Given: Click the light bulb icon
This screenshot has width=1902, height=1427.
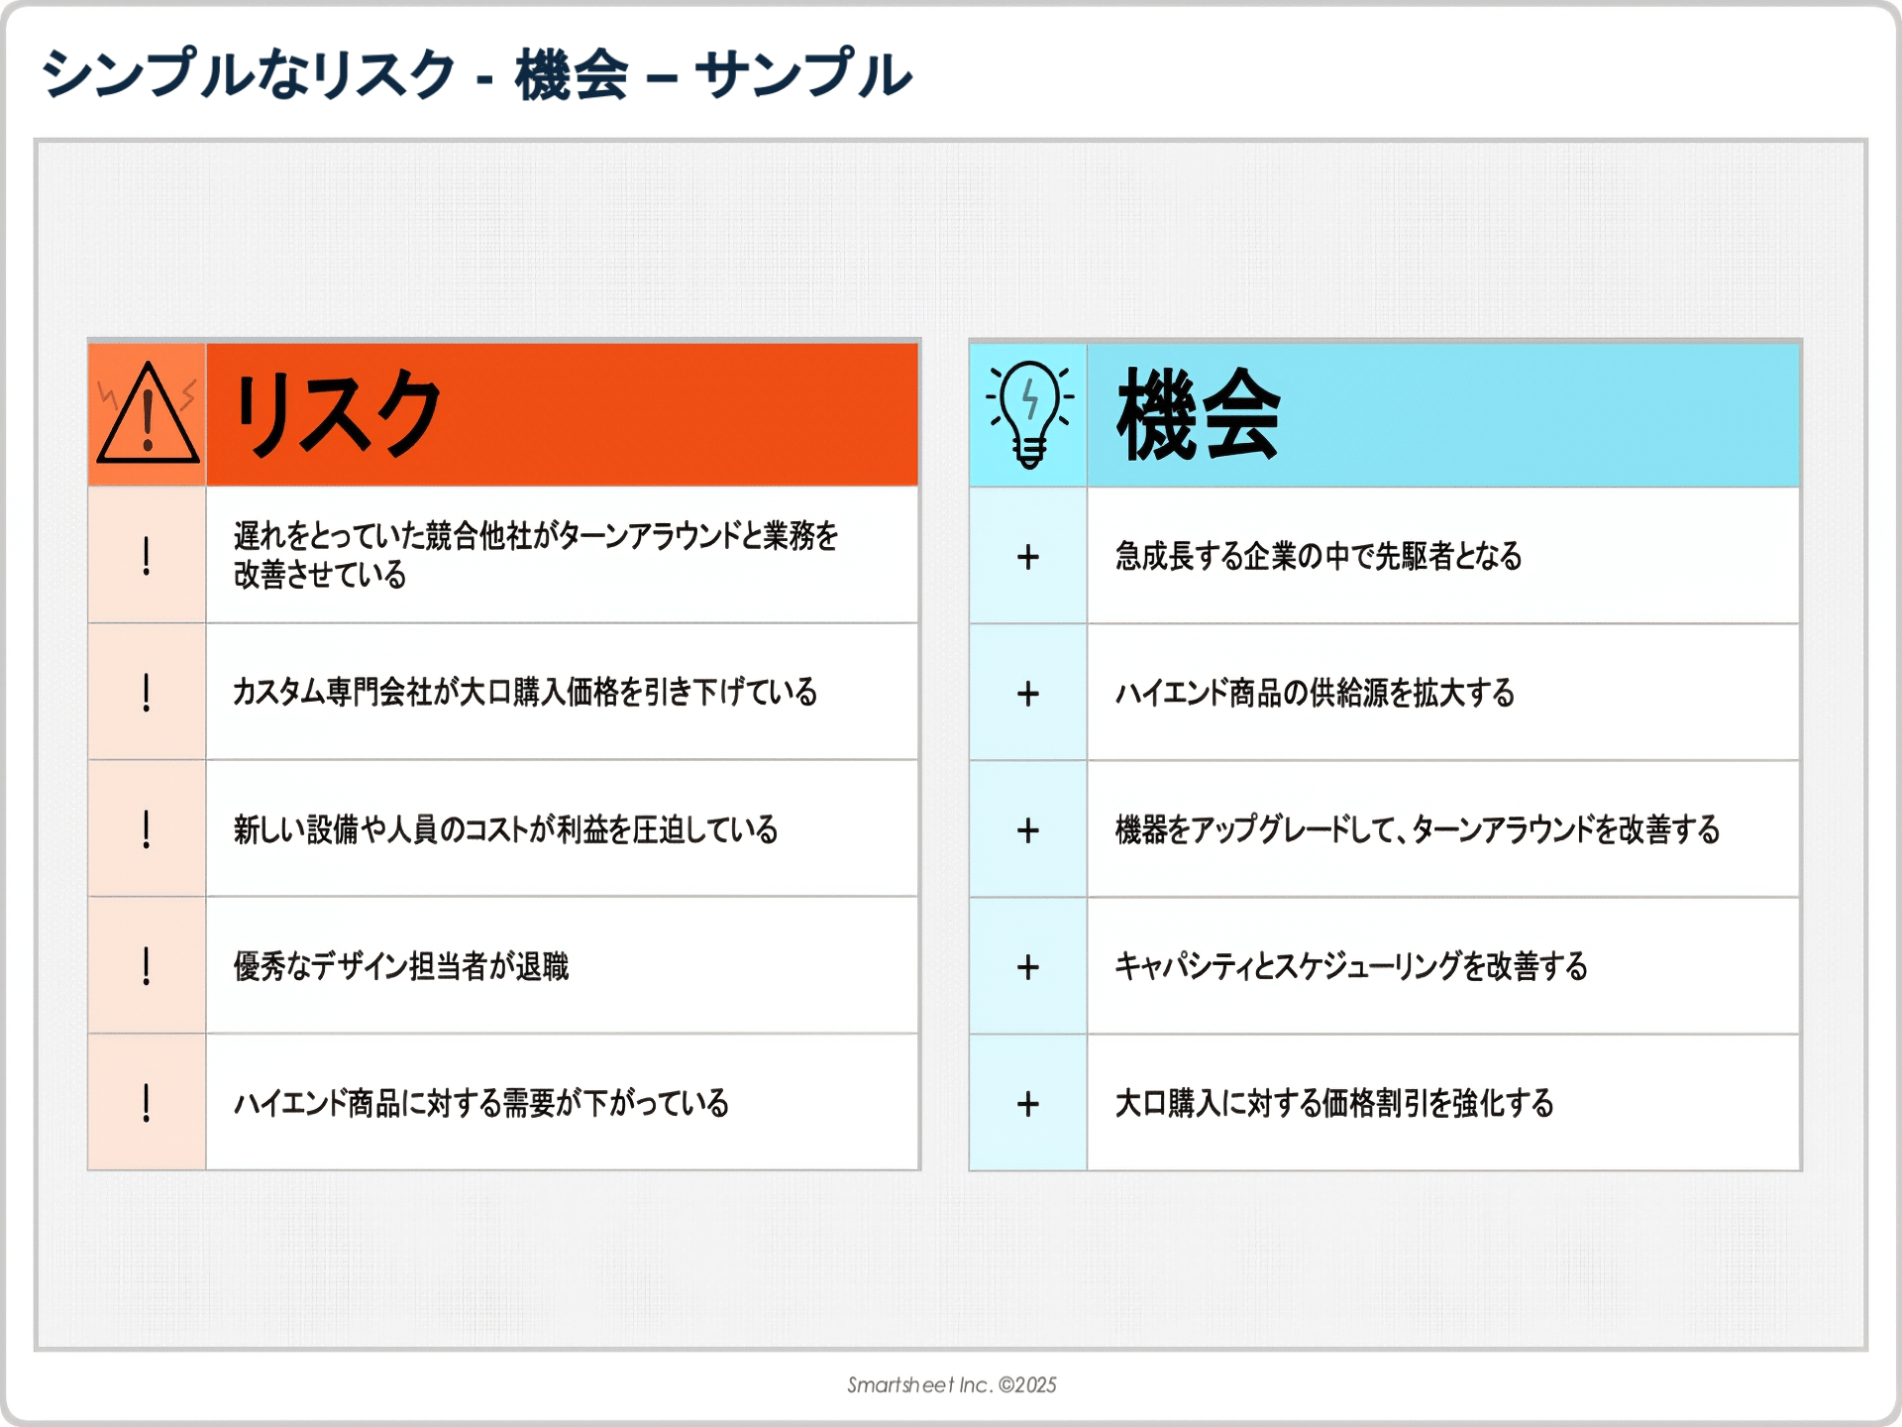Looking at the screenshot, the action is (1029, 413).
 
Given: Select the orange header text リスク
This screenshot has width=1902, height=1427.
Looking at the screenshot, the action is (337, 413).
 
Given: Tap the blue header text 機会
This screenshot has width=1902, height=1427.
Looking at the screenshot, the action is (1199, 413).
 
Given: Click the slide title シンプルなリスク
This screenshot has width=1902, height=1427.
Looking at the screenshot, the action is (248, 73).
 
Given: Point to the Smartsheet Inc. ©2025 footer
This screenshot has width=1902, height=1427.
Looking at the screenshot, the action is (951, 1384).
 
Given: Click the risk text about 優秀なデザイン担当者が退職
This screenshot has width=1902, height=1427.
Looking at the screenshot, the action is (401, 965).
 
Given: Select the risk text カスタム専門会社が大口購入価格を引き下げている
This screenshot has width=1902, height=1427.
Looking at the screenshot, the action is (525, 691).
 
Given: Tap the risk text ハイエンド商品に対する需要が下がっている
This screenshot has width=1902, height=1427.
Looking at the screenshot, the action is (481, 1102).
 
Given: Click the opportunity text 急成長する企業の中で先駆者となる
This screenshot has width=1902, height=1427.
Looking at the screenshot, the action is (1319, 555).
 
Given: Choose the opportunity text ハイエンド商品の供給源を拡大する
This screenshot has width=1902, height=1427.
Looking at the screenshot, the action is (1316, 692).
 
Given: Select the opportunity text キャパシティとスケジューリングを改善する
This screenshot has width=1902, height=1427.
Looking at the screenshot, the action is (1351, 965).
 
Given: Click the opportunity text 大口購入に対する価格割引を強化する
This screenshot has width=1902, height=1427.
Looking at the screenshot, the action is (1334, 1102).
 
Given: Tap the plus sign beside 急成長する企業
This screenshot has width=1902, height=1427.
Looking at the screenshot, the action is (1028, 557).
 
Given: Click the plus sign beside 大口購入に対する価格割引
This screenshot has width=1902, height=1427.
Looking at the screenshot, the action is (1028, 1104).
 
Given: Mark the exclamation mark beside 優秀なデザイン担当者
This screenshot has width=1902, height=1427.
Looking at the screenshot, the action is (147, 965).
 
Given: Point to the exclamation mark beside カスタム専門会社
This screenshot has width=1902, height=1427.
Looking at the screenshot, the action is (147, 692).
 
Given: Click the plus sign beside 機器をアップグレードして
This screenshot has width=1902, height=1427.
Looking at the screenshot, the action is (1028, 830).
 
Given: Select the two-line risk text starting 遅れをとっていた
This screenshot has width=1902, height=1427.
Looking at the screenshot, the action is (536, 555).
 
